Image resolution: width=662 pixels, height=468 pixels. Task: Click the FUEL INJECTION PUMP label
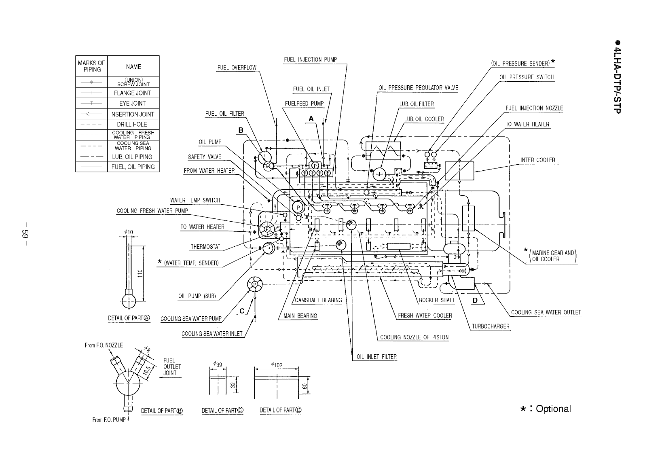[310, 59]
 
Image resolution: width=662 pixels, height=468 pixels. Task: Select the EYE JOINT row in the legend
[132, 103]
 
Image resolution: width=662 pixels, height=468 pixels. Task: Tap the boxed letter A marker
[311, 119]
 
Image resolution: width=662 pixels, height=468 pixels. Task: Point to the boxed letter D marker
[475, 301]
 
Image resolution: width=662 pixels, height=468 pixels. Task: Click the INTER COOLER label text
[537, 160]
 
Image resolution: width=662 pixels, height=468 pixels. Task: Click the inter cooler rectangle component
[459, 170]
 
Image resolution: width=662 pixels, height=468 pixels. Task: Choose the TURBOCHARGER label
[491, 326]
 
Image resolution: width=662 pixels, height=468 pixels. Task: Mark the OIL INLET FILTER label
[376, 357]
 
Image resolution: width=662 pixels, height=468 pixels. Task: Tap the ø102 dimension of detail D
[276, 365]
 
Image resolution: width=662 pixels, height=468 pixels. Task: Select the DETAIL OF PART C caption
[222, 410]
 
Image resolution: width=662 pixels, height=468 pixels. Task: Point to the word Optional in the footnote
[553, 409]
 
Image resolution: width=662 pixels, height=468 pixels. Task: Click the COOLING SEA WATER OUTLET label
[546, 312]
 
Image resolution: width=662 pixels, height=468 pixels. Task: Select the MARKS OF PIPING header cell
[91, 66]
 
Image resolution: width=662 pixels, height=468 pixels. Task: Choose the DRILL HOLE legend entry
[132, 124]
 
